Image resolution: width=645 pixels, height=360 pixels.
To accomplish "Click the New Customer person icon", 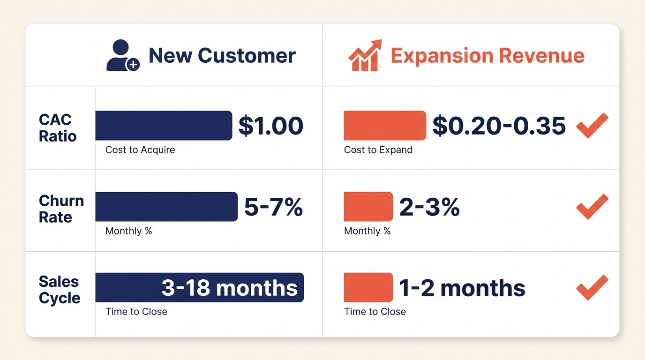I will [122, 55].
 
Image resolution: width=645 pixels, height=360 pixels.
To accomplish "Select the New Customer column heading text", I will [222, 55].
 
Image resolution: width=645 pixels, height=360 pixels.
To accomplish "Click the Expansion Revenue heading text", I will [487, 55].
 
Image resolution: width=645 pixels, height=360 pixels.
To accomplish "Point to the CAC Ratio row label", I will [58, 127].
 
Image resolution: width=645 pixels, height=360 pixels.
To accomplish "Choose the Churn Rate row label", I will [61, 209].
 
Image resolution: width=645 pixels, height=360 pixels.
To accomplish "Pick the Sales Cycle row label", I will [60, 290].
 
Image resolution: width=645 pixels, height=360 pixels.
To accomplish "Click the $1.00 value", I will [270, 126].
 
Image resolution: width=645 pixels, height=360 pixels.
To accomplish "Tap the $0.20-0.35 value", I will [499, 126].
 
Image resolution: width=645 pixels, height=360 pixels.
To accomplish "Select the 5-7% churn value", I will [273, 207].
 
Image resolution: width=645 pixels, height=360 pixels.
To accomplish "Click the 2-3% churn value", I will [429, 207].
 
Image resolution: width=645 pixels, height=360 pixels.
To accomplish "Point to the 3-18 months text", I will [229, 288].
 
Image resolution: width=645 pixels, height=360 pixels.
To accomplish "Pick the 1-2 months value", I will [462, 288].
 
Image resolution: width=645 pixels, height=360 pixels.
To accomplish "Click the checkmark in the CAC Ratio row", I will [592, 125].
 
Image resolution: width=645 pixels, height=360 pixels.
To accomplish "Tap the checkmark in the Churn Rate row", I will [592, 206].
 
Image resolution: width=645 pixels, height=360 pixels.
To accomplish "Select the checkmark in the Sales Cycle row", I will [592, 287].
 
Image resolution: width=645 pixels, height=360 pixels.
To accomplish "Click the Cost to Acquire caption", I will [140, 150].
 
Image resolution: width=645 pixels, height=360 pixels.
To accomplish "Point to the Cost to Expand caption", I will [378, 150].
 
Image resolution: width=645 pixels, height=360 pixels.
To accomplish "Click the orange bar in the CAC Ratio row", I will [384, 126].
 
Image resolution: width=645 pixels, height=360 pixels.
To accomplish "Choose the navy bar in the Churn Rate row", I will [166, 206].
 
